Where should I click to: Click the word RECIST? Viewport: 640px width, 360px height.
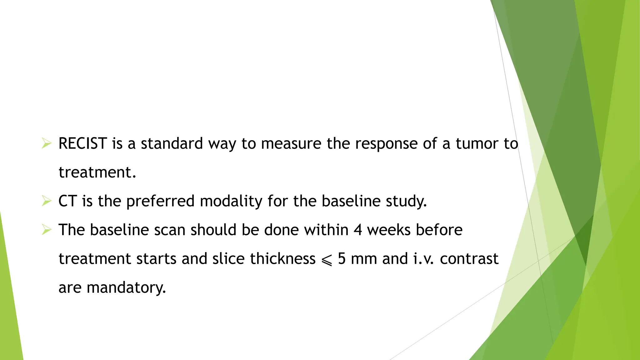pyautogui.click(x=83, y=144)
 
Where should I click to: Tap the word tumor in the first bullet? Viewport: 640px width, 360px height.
pyautogui.click(x=477, y=144)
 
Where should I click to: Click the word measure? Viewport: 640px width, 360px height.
pyautogui.click(x=291, y=144)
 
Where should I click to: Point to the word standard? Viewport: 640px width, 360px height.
pyautogui.click(x=172, y=144)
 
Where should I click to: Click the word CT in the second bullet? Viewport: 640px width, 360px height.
pyautogui.click(x=67, y=201)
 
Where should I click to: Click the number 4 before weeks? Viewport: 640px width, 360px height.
pyautogui.click(x=358, y=230)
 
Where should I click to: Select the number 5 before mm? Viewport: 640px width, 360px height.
pyautogui.click(x=342, y=259)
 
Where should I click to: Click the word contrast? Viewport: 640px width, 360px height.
pyautogui.click(x=469, y=259)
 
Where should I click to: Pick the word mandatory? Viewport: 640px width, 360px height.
pyautogui.click(x=126, y=288)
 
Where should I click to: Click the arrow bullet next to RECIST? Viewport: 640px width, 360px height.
pyautogui.click(x=47, y=144)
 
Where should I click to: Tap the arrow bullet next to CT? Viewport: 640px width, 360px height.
pyautogui.click(x=47, y=201)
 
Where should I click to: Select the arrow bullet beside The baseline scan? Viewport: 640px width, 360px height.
pyautogui.click(x=47, y=230)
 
